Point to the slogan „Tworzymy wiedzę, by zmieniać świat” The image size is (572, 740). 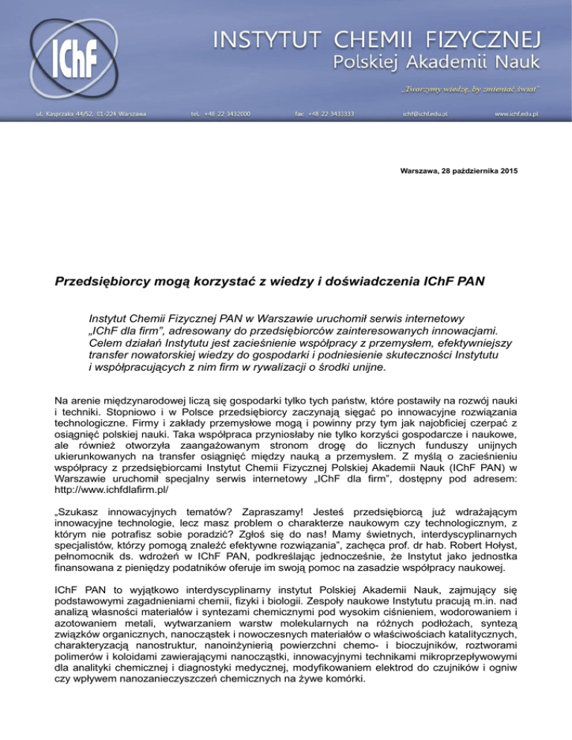coord(480,89)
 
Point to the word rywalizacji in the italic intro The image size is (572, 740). coord(246,367)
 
